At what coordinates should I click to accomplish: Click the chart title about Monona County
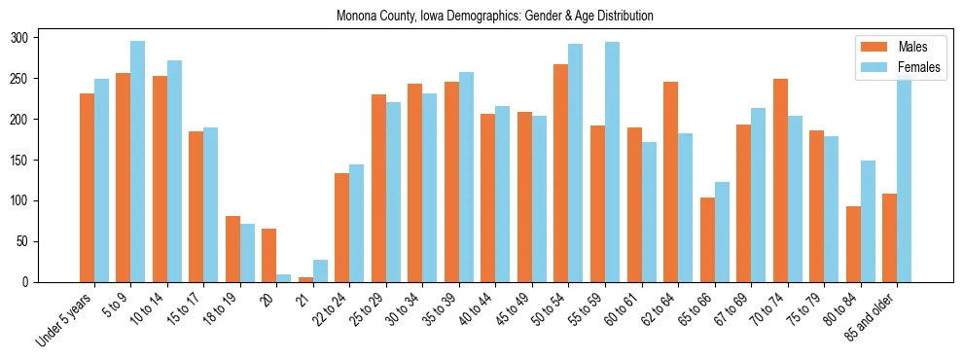pos(494,17)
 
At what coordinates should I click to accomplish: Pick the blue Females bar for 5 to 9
pos(137,162)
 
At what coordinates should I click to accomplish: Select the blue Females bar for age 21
pos(320,270)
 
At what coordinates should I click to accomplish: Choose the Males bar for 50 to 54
pos(560,173)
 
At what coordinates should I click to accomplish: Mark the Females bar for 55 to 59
pos(612,162)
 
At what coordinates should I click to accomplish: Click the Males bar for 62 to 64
pos(670,182)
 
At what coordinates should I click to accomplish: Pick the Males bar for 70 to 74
pos(779,180)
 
